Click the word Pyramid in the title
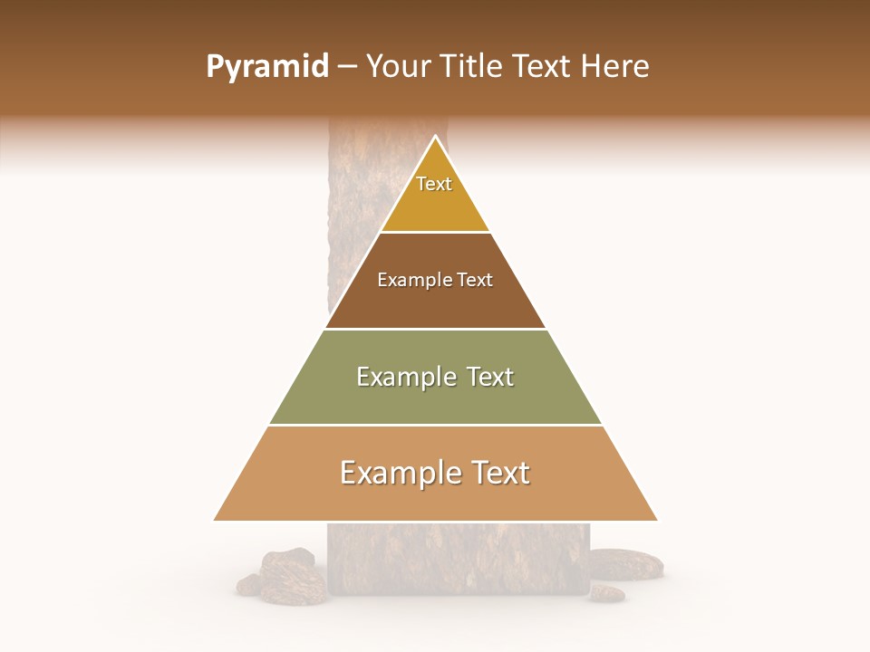267,67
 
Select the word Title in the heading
474,67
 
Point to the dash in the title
347,67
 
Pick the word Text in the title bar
545,67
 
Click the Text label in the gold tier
434,184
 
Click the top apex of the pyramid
436,137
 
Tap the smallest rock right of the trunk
606,593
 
